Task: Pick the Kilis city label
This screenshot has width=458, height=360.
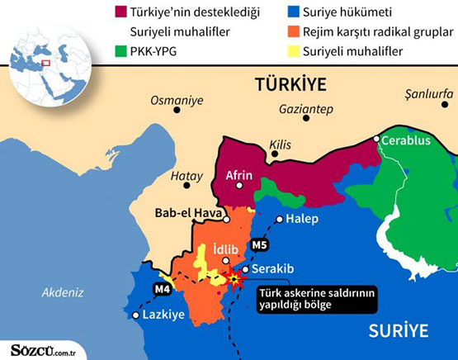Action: (281, 146)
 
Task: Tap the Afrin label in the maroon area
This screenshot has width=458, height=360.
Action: (238, 174)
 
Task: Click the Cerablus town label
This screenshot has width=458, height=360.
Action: (408, 140)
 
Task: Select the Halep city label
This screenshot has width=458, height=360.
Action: (303, 219)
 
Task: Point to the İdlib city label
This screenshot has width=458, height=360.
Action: (226, 249)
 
